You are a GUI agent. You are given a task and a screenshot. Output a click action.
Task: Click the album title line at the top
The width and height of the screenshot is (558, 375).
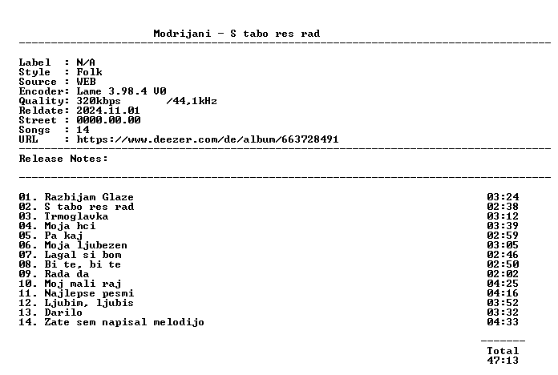click(x=237, y=34)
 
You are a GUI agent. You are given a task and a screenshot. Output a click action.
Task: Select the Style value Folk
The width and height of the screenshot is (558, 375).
click(x=89, y=72)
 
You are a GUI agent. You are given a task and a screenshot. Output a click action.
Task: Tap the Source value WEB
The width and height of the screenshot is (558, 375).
click(x=86, y=82)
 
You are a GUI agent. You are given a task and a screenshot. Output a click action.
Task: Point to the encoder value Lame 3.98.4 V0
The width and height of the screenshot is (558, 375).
click(x=121, y=91)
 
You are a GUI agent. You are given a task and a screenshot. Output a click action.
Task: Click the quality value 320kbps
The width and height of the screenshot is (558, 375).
click(x=99, y=102)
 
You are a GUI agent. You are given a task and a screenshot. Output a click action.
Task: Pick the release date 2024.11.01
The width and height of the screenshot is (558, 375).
click(x=108, y=111)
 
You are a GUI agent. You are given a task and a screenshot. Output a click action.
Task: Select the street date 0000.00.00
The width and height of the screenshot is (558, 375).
click(x=108, y=120)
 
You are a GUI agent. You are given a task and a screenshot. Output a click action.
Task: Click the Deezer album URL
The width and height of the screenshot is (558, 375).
click(x=208, y=139)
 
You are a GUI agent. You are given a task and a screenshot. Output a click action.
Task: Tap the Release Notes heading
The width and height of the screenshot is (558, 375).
click(x=63, y=159)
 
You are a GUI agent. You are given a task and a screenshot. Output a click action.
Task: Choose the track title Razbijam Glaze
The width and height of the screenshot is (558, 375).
click(x=89, y=197)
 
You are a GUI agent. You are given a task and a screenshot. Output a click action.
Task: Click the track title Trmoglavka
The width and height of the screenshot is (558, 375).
click(x=76, y=216)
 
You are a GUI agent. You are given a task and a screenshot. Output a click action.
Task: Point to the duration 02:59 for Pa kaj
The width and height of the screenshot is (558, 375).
click(x=503, y=236)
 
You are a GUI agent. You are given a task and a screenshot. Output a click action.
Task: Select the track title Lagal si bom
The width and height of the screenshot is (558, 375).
click(x=83, y=255)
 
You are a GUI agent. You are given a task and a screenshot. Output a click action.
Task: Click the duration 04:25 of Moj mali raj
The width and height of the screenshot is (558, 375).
click(x=503, y=284)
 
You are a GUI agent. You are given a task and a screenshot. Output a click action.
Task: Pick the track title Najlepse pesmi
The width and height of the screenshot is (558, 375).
click(x=89, y=293)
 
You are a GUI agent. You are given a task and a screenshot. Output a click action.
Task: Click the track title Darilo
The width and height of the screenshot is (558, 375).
click(x=63, y=312)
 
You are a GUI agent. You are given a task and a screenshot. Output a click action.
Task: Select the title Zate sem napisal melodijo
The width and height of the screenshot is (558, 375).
click(x=124, y=322)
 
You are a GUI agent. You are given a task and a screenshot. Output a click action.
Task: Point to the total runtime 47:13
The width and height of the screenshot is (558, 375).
click(x=503, y=361)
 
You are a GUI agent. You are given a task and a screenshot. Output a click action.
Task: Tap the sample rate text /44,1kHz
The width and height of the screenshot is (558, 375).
click(x=192, y=102)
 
